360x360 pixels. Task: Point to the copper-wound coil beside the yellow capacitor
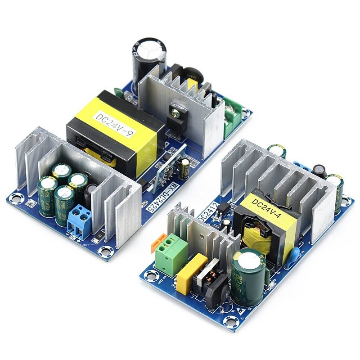211,279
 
